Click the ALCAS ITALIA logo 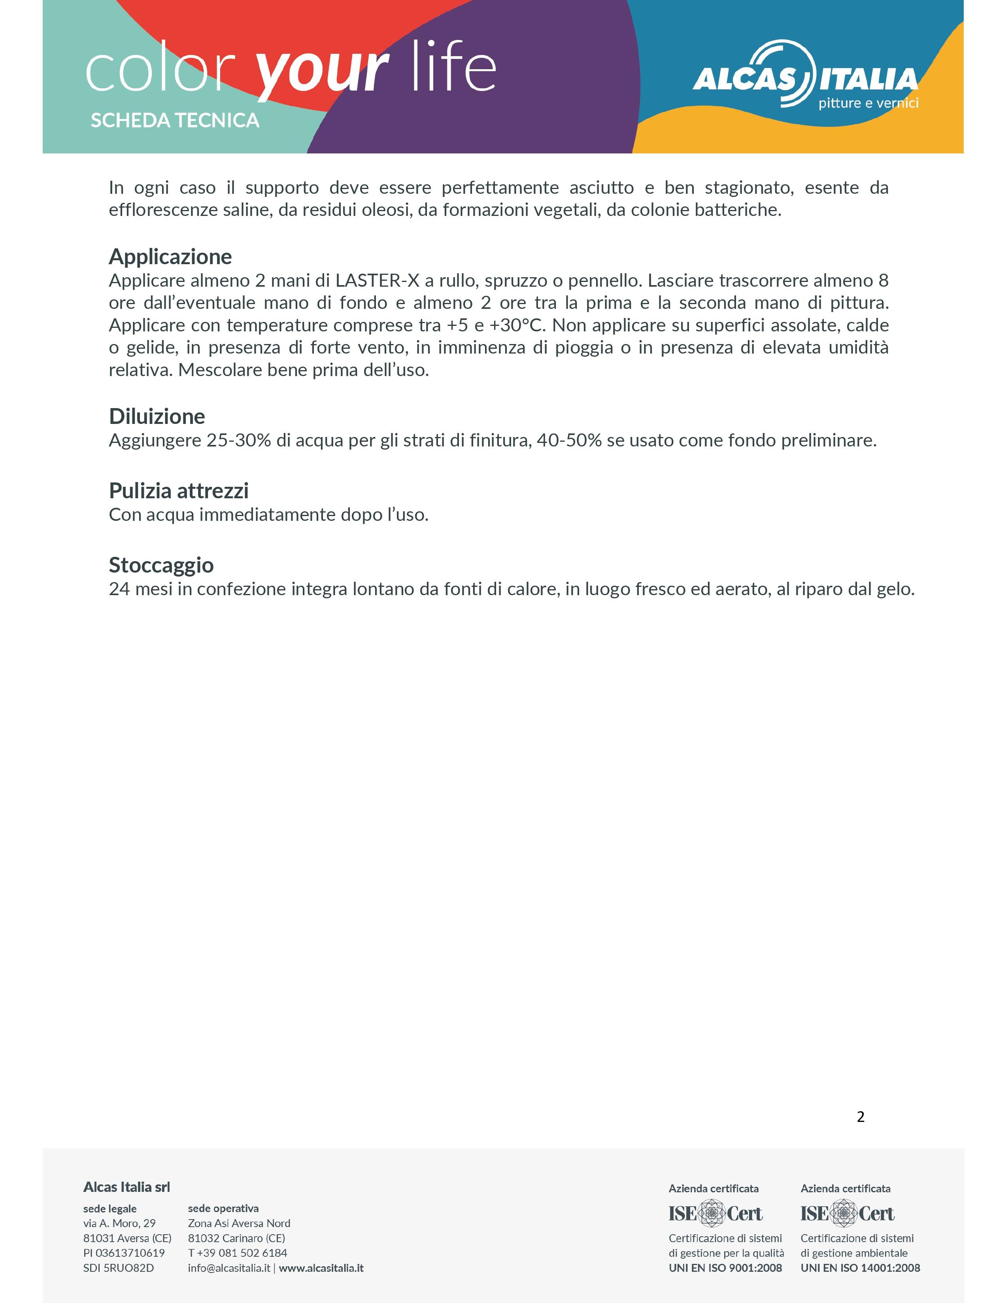coord(805,76)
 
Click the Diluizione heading coord(157,416)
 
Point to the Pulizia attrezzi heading coord(179,491)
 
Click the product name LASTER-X coord(378,280)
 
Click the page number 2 coord(861,1117)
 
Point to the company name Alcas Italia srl coord(126,1187)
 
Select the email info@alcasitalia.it coord(229,1268)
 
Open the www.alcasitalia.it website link coord(321,1268)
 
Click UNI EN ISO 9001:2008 coord(725,1268)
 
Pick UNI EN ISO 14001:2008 coord(860,1268)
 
